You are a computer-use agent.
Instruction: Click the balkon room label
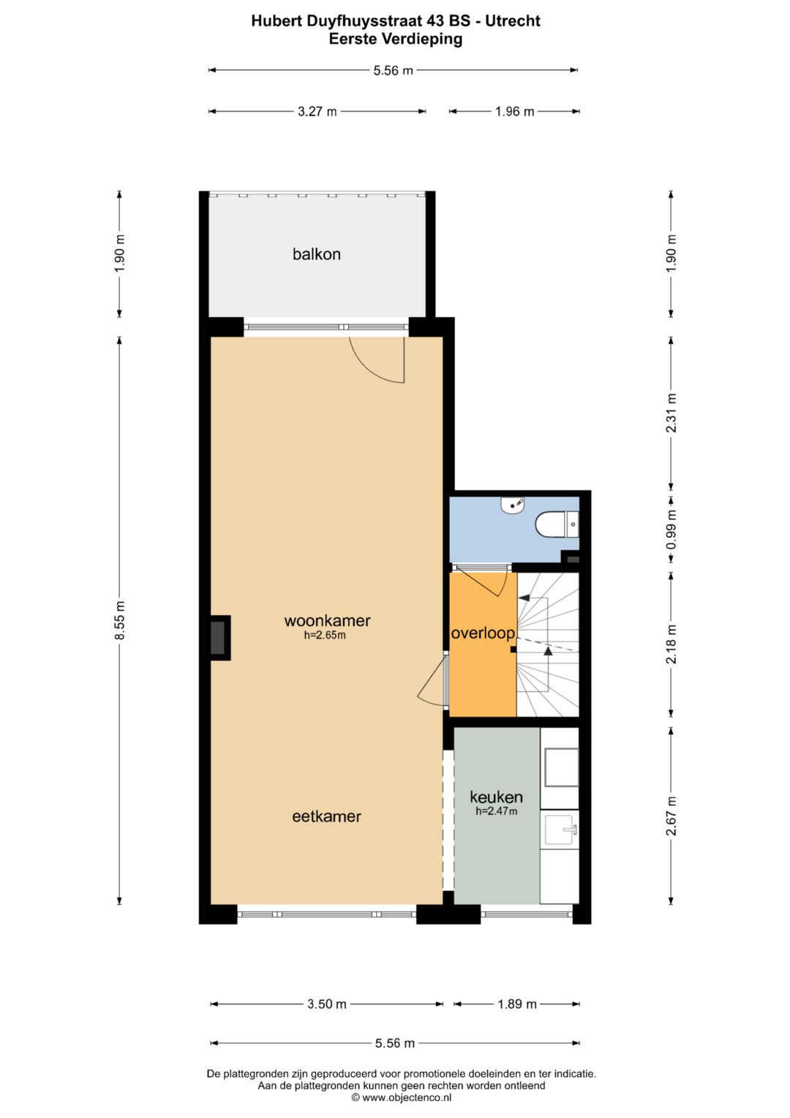click(317, 254)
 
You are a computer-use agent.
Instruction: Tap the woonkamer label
click(327, 620)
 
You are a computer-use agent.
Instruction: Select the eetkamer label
click(326, 816)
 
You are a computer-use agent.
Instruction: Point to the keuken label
click(496, 797)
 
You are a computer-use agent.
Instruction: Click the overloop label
click(483, 633)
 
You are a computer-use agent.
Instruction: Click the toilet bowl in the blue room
click(554, 525)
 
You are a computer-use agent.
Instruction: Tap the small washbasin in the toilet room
click(512, 504)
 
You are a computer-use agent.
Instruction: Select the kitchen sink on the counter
click(561, 830)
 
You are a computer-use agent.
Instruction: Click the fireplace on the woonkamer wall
click(218, 638)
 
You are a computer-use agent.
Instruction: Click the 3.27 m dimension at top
click(317, 112)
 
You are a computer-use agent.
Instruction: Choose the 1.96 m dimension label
click(514, 112)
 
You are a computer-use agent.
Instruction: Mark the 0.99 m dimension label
click(671, 529)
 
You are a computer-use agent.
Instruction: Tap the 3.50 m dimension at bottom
click(326, 1004)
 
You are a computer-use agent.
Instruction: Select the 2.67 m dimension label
click(671, 816)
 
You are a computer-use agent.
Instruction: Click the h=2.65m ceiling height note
click(325, 636)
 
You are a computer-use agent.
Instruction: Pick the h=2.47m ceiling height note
click(496, 811)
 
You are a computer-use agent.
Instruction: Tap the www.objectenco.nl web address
click(407, 1097)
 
